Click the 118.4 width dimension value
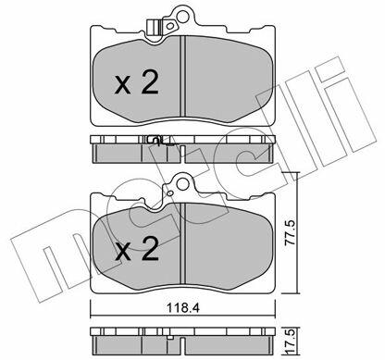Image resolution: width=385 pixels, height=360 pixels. [x=183, y=308]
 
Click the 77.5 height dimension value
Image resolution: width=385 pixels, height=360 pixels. [x=290, y=233]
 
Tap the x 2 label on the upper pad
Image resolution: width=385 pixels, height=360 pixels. [x=136, y=82]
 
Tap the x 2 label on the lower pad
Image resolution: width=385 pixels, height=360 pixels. [x=137, y=249]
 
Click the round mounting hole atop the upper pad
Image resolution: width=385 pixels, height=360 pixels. [x=182, y=16]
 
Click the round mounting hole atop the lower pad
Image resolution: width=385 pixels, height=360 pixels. [x=182, y=184]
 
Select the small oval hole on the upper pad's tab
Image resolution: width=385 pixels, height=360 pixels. [x=169, y=26]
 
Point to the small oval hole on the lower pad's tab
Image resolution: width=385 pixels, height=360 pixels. [x=169, y=193]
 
